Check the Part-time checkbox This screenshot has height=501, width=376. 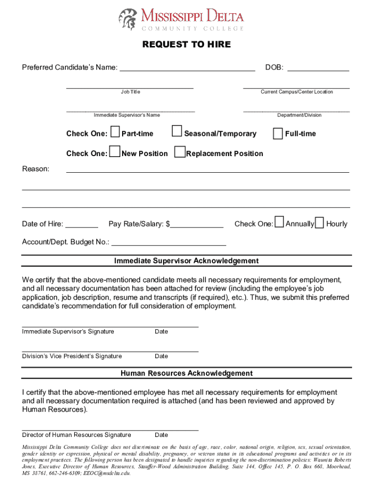[115, 132]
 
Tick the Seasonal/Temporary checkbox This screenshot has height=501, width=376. [177, 132]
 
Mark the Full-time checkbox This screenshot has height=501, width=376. [278, 133]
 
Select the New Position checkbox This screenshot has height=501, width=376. [115, 152]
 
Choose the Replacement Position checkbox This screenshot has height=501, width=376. [180, 152]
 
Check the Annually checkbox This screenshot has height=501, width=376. [279, 223]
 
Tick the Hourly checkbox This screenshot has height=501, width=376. [319, 223]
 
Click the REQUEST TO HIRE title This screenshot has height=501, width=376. [187, 45]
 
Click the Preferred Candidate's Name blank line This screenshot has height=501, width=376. [187, 68]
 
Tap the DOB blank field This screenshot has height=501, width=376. [318, 68]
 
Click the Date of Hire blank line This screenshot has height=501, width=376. [82, 225]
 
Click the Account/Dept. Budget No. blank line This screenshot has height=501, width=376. [169, 242]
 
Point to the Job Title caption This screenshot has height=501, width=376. [130, 92]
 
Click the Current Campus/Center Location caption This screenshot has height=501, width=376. [297, 92]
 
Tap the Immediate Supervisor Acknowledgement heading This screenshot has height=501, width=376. [187, 261]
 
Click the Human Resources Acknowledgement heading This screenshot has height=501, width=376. [187, 373]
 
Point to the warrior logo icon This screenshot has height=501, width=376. [128, 20]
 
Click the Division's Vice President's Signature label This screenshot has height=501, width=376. [72, 356]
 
